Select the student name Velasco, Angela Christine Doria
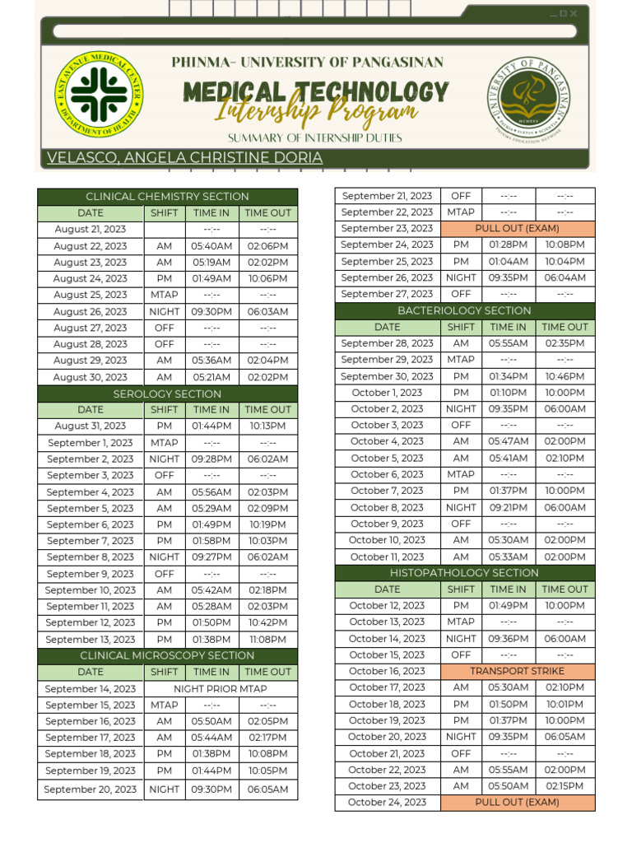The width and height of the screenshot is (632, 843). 184,158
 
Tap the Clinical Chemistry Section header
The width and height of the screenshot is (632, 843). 167,197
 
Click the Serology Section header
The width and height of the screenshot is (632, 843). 167,394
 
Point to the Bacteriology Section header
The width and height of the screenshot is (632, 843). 464,310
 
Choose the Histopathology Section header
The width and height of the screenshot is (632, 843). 464,573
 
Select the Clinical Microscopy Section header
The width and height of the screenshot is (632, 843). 167,656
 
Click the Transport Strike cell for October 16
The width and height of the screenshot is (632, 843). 518,671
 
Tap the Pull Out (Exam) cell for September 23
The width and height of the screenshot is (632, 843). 518,228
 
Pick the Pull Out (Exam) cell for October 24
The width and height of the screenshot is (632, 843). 518,802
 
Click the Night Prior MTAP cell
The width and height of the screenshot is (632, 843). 221,689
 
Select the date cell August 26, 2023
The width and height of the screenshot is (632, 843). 91,312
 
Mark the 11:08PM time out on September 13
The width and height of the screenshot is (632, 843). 268,640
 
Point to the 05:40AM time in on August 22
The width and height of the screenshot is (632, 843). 211,246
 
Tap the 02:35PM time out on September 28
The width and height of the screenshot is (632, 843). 565,343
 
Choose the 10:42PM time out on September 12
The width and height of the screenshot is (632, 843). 268,623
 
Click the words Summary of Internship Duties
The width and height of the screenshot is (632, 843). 315,137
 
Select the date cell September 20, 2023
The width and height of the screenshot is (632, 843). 91,789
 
